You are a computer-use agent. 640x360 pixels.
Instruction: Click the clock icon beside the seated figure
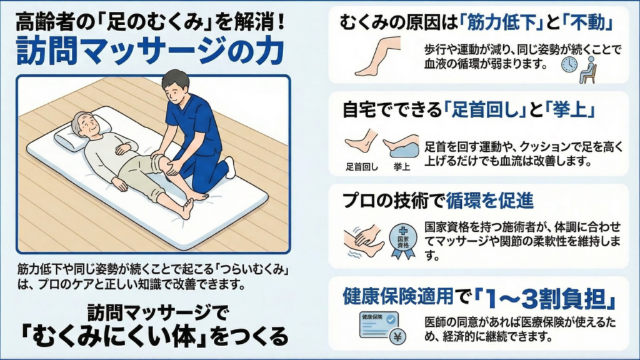[569, 64]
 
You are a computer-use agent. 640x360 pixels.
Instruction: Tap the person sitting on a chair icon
[588, 70]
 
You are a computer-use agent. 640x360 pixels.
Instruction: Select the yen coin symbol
[397, 337]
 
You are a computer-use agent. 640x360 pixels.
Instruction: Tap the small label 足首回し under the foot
[362, 167]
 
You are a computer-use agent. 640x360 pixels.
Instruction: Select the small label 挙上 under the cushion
[402, 167]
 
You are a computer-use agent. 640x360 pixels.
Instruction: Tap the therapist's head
[176, 87]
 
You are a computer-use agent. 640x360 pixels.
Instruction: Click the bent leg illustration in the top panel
[377, 56]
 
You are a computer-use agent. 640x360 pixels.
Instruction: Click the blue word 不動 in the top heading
[587, 22]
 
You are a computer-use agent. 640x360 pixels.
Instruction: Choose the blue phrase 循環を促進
[489, 201]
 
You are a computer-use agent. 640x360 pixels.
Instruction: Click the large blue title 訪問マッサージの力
[150, 51]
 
